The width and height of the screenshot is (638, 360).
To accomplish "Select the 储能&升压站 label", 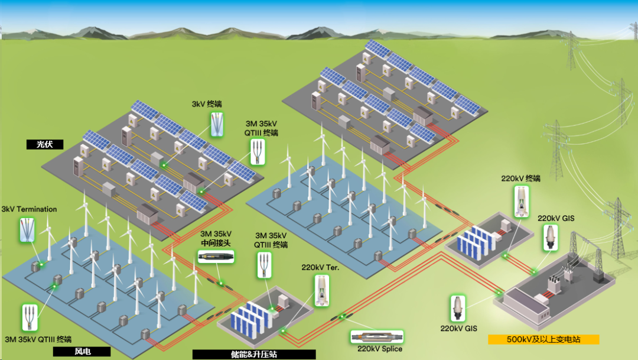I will (x=254, y=355).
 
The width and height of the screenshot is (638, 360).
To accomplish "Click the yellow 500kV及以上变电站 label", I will (x=543, y=340).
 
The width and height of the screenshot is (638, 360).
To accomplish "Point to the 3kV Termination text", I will (x=29, y=209).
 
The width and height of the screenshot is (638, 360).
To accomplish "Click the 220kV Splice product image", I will (x=377, y=337).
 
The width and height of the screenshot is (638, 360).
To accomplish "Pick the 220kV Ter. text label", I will (x=321, y=267).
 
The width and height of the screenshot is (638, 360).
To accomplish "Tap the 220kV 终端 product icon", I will (x=521, y=200).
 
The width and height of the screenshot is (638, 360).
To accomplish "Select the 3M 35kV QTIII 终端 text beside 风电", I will (x=38, y=339).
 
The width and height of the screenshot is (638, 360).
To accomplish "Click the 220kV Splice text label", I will (x=380, y=349).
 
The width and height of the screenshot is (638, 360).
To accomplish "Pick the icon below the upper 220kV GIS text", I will (x=551, y=237).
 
